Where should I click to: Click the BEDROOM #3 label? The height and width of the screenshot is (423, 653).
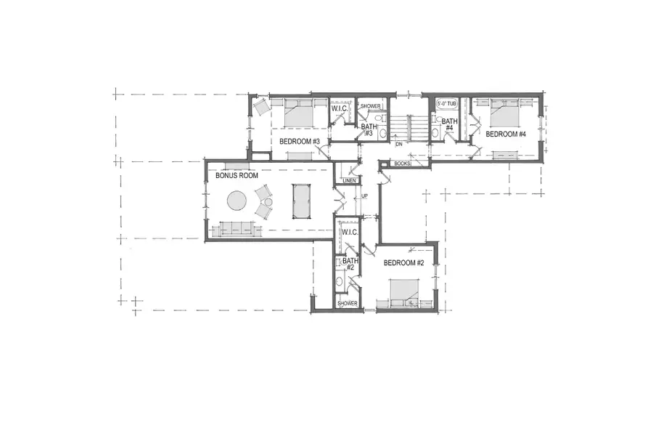pos(300,141)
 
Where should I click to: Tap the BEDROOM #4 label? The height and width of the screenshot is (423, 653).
pos(506,134)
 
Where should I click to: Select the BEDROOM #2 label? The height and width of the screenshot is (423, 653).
pos(403,263)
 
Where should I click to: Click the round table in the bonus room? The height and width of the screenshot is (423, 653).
pos(237,200)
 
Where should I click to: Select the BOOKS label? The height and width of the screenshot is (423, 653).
pos(402,164)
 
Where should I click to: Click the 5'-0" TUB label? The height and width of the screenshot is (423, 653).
pos(448,105)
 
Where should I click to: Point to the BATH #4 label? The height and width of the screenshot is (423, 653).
pos(449,125)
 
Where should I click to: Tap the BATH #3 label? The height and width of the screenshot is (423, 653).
pos(369,129)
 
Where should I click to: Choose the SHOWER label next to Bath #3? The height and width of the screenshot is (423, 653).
pos(371,106)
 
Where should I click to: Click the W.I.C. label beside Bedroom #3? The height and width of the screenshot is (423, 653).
pos(340,109)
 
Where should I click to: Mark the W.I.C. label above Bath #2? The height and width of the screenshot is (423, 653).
pos(349,233)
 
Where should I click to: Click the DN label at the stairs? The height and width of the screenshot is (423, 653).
pos(398,144)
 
